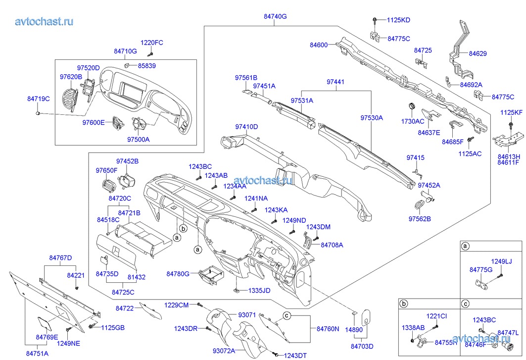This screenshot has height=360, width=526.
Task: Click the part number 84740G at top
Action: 275,16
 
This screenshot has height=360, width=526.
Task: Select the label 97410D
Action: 246,127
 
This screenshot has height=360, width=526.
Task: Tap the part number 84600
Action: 319,45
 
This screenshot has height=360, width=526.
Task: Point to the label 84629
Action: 478,53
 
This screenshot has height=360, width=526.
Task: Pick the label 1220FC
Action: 151,43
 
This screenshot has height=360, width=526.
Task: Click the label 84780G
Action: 178,273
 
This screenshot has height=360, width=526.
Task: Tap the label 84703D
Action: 362,346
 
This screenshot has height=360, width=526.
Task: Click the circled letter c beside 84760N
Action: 286,315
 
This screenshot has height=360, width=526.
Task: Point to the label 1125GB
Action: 113,327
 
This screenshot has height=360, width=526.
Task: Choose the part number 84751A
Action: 37,354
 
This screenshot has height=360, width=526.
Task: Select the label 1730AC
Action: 412,121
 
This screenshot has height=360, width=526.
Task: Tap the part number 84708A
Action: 332,245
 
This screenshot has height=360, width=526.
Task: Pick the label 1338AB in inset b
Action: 413,327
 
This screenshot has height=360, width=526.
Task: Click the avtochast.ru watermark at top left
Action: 44,21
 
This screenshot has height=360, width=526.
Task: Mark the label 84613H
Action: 508,155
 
